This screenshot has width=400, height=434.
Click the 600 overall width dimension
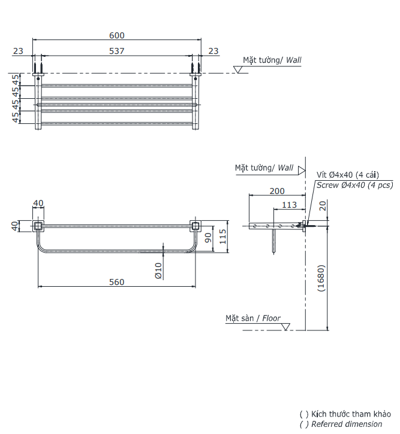point(117,35)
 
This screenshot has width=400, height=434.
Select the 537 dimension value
point(117,51)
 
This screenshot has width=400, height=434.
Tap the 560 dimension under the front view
point(117,282)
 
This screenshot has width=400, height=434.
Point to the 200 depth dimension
point(277,191)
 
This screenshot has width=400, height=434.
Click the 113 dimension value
point(290,205)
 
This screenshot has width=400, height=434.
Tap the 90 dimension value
point(208,238)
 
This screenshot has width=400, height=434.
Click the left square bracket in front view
point(38,226)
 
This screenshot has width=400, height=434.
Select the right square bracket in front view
point(195,226)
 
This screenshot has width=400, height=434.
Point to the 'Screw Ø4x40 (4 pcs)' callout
point(354,186)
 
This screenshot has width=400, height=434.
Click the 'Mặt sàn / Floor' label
point(253,318)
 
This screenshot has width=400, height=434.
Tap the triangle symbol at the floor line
point(285,327)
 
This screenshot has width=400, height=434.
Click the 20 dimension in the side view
point(323,206)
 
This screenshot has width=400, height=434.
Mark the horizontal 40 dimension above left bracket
point(38,204)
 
